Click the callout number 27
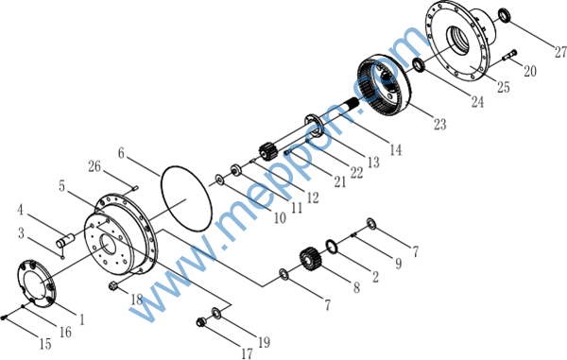point(560,52)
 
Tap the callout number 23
point(440,125)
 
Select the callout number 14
point(396,149)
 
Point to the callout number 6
point(121,153)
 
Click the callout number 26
point(94,166)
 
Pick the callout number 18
point(137,300)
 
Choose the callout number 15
point(45,344)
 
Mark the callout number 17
point(247,353)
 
